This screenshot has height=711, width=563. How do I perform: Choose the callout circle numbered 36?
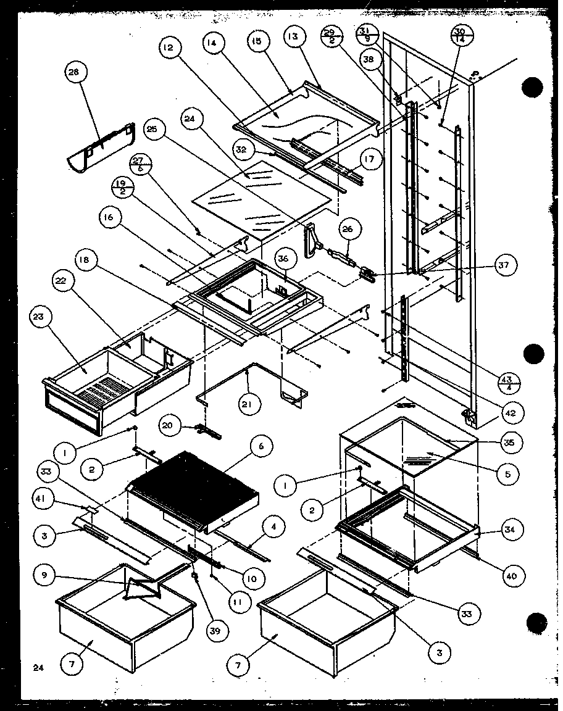point(283,259)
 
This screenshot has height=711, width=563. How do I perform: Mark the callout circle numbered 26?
point(347,230)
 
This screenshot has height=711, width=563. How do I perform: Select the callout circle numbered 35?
point(512,443)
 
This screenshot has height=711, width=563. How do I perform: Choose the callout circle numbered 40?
point(510,576)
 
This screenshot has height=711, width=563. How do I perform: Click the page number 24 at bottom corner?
point(39,667)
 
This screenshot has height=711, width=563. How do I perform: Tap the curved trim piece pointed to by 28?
point(102,148)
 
